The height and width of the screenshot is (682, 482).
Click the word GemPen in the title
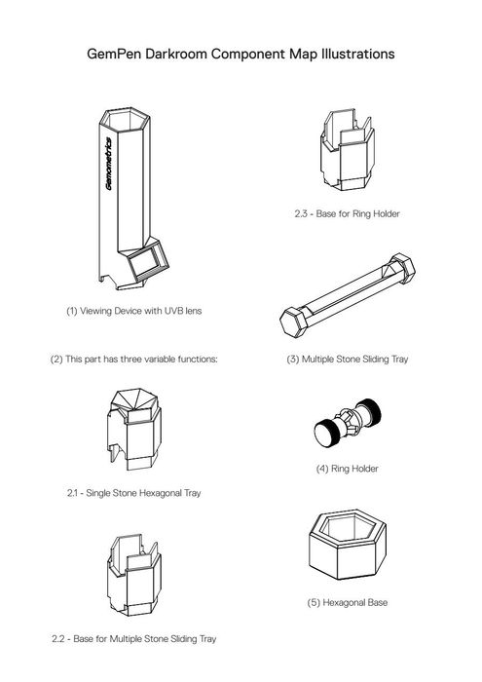coord(114,54)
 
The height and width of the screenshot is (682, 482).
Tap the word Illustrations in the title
coord(357,54)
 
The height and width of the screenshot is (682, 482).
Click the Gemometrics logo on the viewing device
coord(108,164)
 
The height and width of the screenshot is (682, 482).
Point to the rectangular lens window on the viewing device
coord(149,260)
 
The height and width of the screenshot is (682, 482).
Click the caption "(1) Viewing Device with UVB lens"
coord(133,311)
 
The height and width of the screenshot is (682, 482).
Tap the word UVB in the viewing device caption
coord(174,311)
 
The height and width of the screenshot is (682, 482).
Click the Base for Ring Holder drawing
coord(348,150)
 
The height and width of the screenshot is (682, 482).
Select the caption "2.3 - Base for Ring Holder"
coord(347,213)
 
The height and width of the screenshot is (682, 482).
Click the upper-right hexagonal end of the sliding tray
coord(401,268)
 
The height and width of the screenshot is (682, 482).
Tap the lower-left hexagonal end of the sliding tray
coord(295,322)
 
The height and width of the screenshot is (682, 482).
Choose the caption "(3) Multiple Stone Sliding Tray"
coord(348,360)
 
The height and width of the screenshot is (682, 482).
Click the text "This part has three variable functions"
coord(140,360)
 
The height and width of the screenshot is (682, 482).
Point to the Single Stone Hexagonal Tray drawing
coord(134,429)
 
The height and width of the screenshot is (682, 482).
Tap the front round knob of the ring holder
coord(325,434)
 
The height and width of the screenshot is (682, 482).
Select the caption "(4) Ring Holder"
coord(348,469)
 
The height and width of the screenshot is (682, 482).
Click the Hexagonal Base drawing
coord(348,546)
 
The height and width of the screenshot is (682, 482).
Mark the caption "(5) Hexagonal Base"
coord(348,603)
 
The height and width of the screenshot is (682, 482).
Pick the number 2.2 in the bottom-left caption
coord(58,639)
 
